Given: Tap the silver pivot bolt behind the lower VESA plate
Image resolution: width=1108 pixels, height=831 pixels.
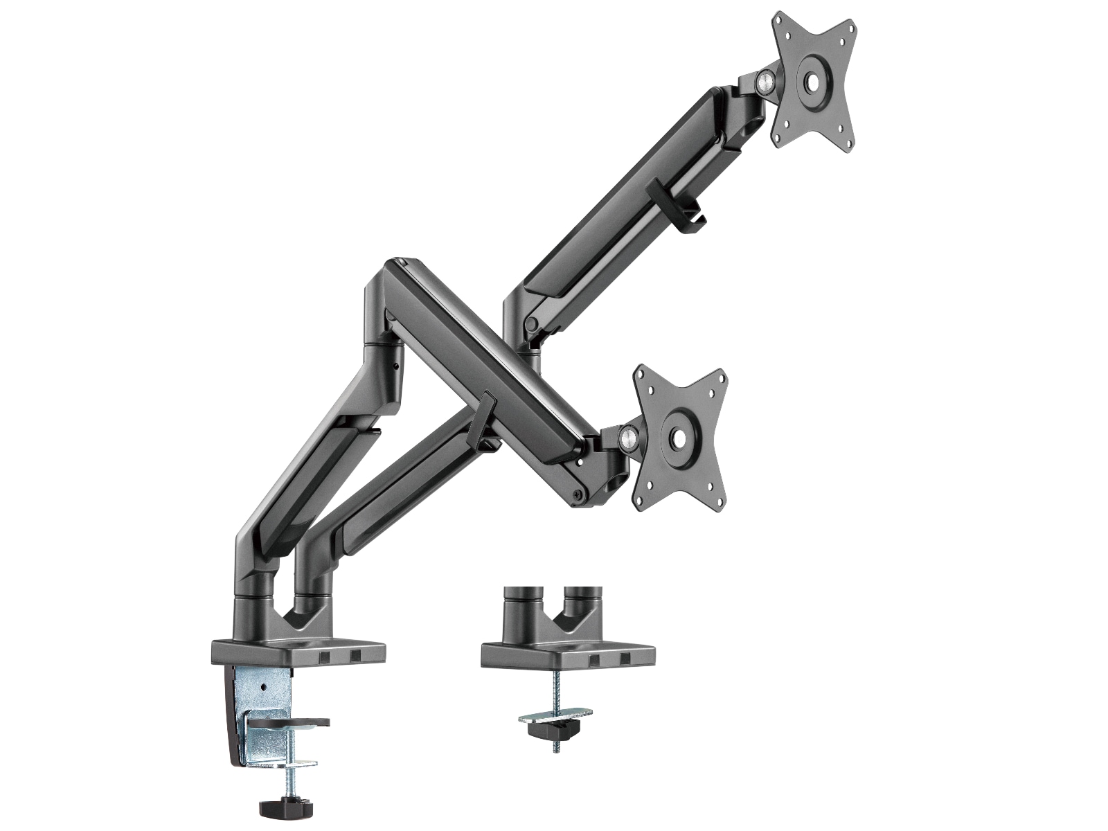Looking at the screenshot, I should [629, 438].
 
